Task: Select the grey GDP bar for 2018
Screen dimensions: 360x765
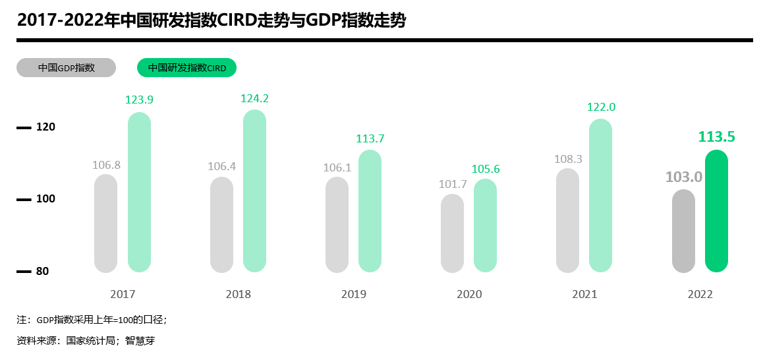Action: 221,225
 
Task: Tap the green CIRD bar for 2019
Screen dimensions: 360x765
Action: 370,211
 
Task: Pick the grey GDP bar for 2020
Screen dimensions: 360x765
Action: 452,233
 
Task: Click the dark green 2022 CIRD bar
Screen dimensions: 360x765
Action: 716,211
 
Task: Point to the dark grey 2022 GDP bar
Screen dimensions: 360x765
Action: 683,231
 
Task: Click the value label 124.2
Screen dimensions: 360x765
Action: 254,99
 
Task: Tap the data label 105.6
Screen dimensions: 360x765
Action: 486,169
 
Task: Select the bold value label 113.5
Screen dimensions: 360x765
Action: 716,137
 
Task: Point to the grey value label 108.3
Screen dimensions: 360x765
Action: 568,160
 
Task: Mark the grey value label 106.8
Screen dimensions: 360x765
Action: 106,165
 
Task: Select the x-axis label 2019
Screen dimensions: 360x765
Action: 354,294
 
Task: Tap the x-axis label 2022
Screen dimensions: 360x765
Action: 700,294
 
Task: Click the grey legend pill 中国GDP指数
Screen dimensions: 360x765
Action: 66,68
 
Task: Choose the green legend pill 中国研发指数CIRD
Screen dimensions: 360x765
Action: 186,68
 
